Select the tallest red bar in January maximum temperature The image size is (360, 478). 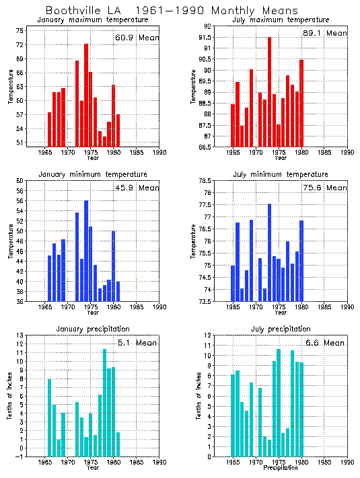click(86, 95)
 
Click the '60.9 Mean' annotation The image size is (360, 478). click(137, 38)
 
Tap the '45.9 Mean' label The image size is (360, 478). click(137, 188)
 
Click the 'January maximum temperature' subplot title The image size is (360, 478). click(92, 20)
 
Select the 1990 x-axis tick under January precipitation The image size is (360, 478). click(159, 463)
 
